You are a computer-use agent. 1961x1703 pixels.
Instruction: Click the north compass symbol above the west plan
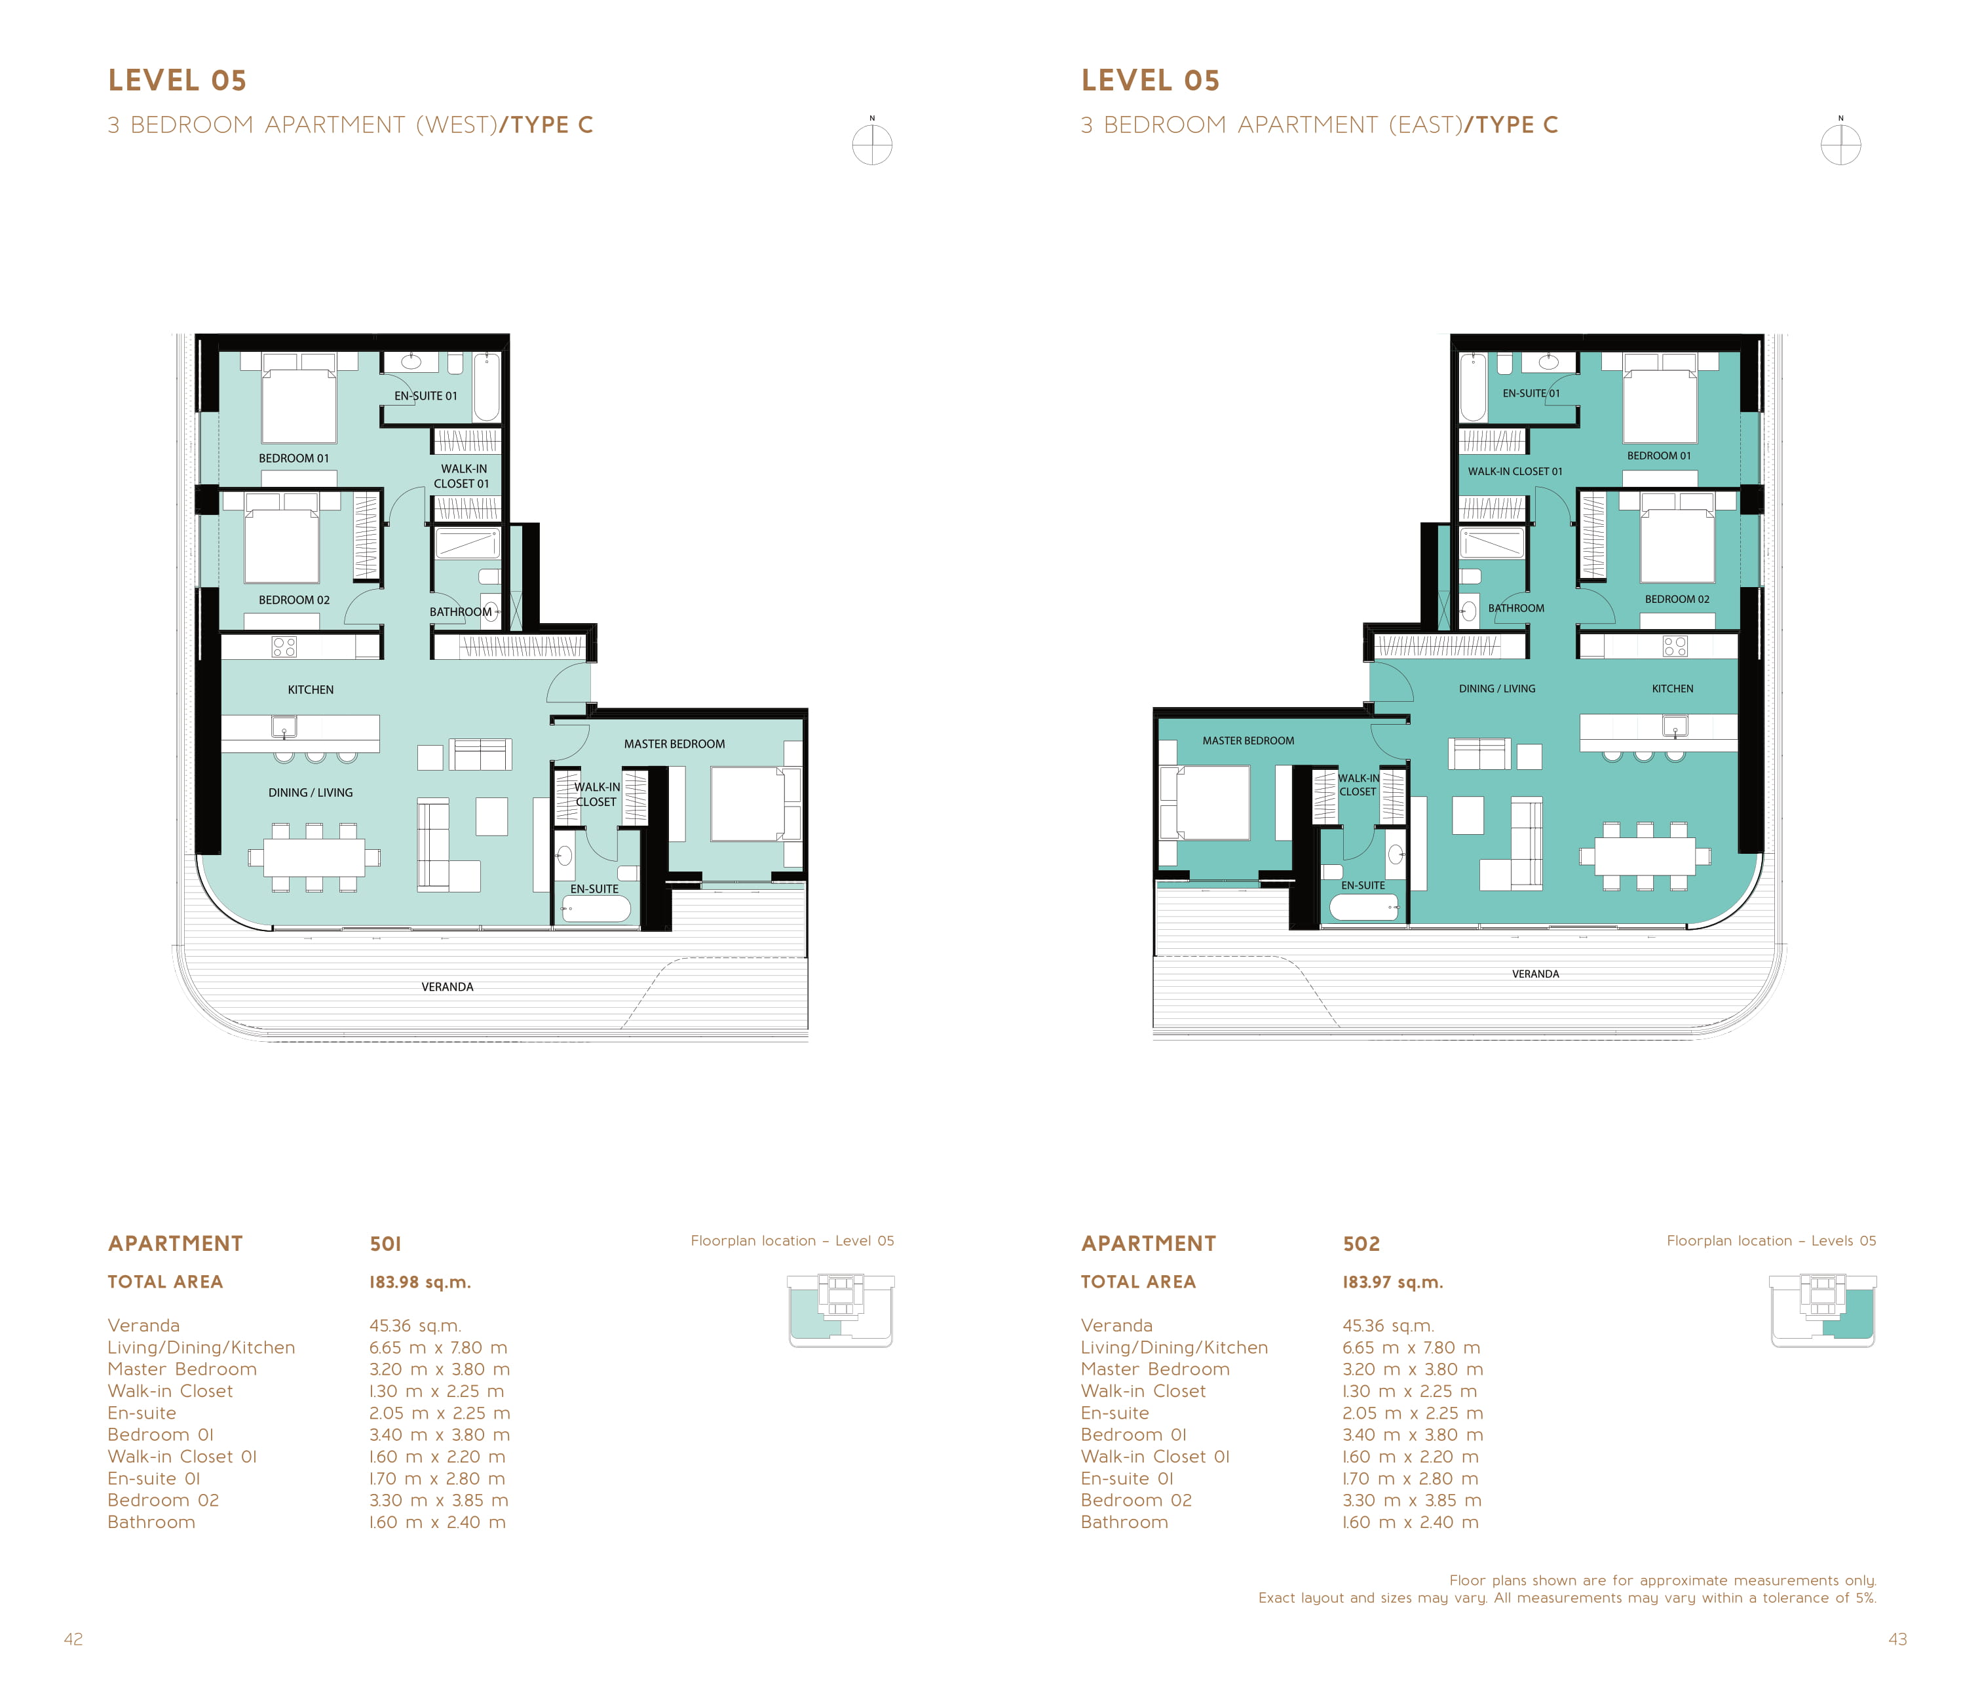[x=872, y=144]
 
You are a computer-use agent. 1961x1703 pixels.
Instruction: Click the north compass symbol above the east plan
[x=1840, y=144]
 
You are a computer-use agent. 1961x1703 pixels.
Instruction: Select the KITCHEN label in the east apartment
[x=1672, y=689]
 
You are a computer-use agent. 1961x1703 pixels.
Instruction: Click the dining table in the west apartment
[x=314, y=857]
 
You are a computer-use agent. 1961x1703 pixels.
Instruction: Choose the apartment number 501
[x=386, y=1244]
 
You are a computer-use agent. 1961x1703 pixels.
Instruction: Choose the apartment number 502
[x=1361, y=1244]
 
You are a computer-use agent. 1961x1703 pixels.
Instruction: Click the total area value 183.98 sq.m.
[x=420, y=1282]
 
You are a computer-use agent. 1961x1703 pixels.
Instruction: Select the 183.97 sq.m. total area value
[x=1393, y=1282]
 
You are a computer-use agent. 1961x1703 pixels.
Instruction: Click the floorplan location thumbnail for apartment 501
[x=841, y=1311]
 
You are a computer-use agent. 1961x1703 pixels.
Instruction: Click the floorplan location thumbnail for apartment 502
[x=1822, y=1311]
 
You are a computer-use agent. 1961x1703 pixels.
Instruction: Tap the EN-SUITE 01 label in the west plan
[x=426, y=396]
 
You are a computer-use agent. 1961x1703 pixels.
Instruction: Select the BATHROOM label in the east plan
[x=1515, y=608]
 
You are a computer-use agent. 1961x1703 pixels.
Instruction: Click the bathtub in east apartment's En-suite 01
[x=1473, y=387]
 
